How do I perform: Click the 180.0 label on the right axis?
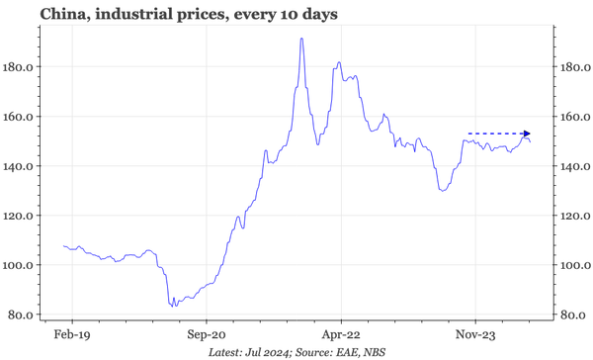click(572, 67)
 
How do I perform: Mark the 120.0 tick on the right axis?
click(572, 216)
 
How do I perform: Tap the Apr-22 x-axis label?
click(340, 334)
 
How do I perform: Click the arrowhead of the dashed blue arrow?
click(527, 134)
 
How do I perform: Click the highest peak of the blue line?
click(301, 39)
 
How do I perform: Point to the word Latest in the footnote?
click(227, 351)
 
